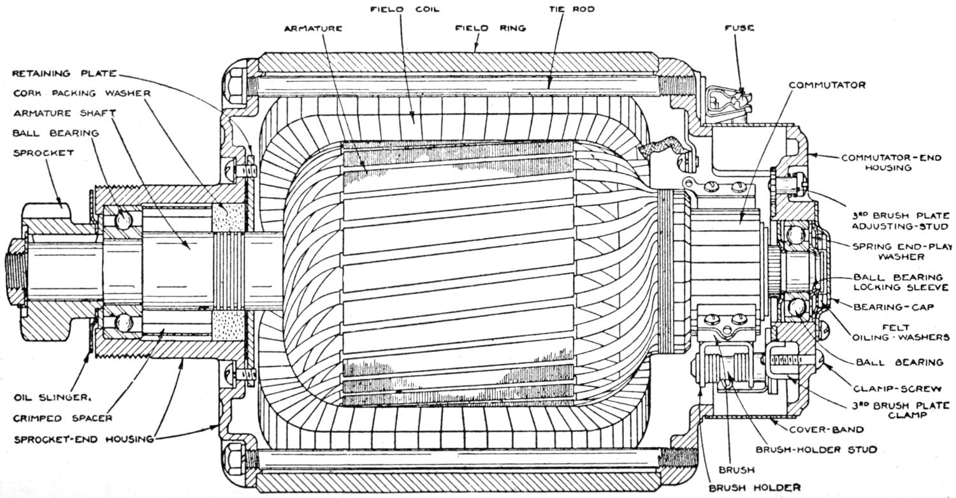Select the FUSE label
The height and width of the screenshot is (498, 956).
click(x=739, y=28)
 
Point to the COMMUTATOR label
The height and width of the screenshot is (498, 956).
click(x=827, y=85)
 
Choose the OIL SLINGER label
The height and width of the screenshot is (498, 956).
click(x=52, y=397)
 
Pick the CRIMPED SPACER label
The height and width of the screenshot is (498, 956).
click(x=63, y=418)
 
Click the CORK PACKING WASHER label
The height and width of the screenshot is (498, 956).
click(x=82, y=93)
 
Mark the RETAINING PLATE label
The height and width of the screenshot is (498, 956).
click(x=64, y=73)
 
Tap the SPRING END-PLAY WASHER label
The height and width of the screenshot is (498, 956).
click(x=894, y=251)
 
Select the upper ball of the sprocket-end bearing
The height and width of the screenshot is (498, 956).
click(x=122, y=219)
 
